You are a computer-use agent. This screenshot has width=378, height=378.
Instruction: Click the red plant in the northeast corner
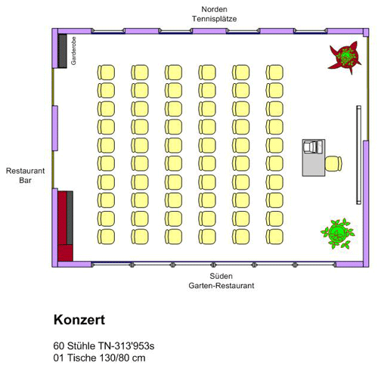click(345, 57)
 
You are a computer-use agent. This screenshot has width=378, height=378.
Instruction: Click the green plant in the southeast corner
click(338, 234)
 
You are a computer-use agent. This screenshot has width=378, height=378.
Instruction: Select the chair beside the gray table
click(333, 163)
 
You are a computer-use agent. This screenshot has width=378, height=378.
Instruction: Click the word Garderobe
click(73, 51)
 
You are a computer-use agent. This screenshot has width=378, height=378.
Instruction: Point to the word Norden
click(214, 9)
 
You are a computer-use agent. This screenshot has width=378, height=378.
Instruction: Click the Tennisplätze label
click(214, 19)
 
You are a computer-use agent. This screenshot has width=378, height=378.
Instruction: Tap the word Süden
click(221, 276)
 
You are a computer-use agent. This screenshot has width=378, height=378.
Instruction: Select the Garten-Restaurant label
click(222, 286)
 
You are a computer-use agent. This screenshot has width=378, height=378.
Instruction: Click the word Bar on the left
click(25, 180)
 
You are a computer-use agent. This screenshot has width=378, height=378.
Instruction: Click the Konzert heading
click(79, 320)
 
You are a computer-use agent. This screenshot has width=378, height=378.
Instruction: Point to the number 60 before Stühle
click(59, 346)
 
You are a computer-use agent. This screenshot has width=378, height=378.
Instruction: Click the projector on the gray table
click(313, 147)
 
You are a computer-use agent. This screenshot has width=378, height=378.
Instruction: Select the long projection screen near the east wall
click(358, 155)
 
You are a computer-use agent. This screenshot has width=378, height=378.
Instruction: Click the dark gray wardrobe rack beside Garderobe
click(63, 51)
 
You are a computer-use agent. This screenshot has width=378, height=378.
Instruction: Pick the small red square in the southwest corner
click(66, 253)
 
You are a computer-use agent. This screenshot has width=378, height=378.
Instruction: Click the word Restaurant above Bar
click(25, 171)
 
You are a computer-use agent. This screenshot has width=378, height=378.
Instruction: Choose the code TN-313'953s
click(126, 346)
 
